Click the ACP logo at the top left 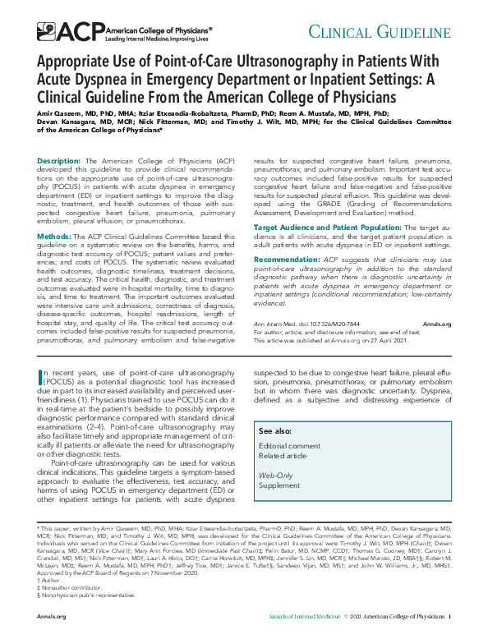click(57, 32)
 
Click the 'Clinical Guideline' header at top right click(397, 32)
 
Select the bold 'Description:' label click(58, 161)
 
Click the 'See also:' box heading click(275, 430)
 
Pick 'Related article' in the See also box click(283, 456)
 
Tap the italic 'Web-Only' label click(275, 475)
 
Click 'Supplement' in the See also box click(279, 485)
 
